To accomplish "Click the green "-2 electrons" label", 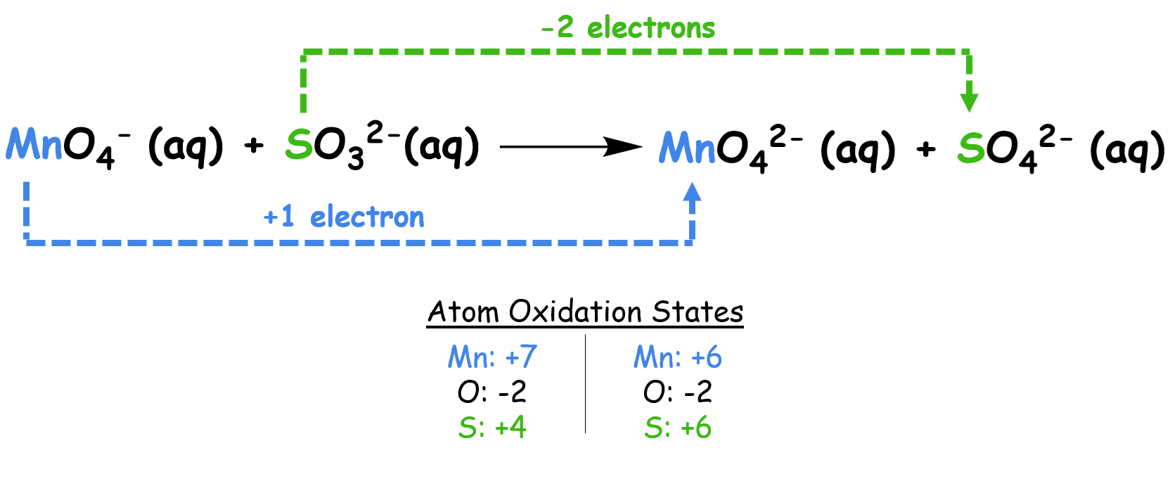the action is coord(628,28).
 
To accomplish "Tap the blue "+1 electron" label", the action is coord(344,217).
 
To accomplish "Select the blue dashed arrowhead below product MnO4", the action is coord(693,193).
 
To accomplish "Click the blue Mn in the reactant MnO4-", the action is coord(34,145).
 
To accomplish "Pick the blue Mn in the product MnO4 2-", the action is coord(687,148).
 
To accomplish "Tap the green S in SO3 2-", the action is coord(299,145).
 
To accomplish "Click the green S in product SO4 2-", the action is coord(971,148).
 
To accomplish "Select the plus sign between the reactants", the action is coord(254,146).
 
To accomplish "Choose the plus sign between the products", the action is coord(927,148).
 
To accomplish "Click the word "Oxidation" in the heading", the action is coord(575,312).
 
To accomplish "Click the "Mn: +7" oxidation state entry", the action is coord(492,357).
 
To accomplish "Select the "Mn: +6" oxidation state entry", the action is coord(677,357).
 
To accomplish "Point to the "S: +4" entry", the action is coord(492,428).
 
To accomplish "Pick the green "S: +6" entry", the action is coord(677,428).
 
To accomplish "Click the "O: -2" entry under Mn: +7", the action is coord(492,392).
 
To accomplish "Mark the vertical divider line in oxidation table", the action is coord(585,384).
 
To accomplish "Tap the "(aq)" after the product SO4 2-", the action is coord(1127,149).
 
